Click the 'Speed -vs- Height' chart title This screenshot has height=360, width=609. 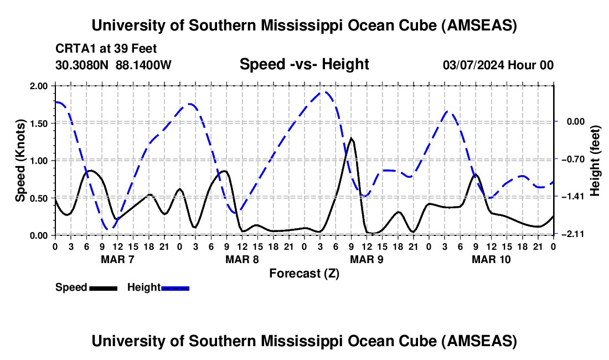point(304,65)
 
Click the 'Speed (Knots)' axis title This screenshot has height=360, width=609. point(20,161)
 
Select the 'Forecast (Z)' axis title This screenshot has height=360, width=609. point(304,273)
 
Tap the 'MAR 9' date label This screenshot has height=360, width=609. point(367,259)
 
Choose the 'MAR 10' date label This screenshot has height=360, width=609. point(491,259)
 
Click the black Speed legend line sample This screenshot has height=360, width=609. point(103,287)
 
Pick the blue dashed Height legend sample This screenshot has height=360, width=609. point(176,287)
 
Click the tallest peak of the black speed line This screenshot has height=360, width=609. point(351,138)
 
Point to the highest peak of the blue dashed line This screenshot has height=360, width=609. point(326,92)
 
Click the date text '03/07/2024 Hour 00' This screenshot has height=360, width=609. point(498,65)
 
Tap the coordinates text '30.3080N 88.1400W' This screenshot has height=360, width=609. point(113,65)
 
